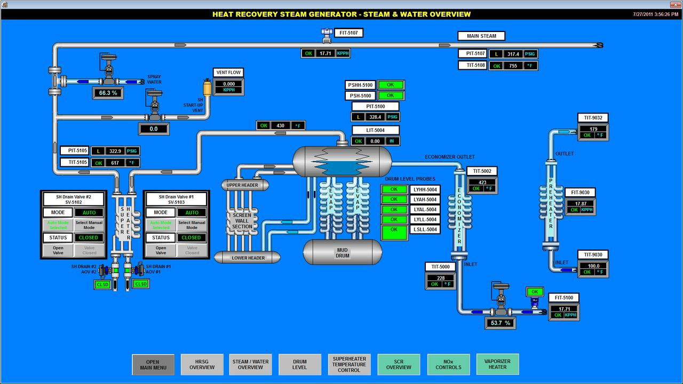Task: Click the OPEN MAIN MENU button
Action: (x=153, y=364)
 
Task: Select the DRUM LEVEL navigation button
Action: (x=299, y=364)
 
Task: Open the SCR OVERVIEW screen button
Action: (x=399, y=364)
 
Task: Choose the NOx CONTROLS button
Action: (x=448, y=364)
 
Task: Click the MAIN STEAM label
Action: (x=481, y=36)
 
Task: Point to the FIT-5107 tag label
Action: (x=348, y=33)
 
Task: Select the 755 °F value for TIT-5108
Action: (x=513, y=66)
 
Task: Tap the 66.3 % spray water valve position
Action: (x=108, y=93)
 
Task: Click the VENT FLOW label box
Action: (x=228, y=73)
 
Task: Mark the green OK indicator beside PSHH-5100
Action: (x=390, y=85)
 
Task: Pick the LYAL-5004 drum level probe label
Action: (x=425, y=210)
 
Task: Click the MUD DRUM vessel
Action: (x=343, y=252)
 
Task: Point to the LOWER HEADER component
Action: (x=248, y=258)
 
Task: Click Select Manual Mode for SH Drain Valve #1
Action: (x=192, y=225)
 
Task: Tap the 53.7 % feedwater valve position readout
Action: (x=500, y=323)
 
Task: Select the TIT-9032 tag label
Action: (x=593, y=118)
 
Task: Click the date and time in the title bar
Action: (x=656, y=14)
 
